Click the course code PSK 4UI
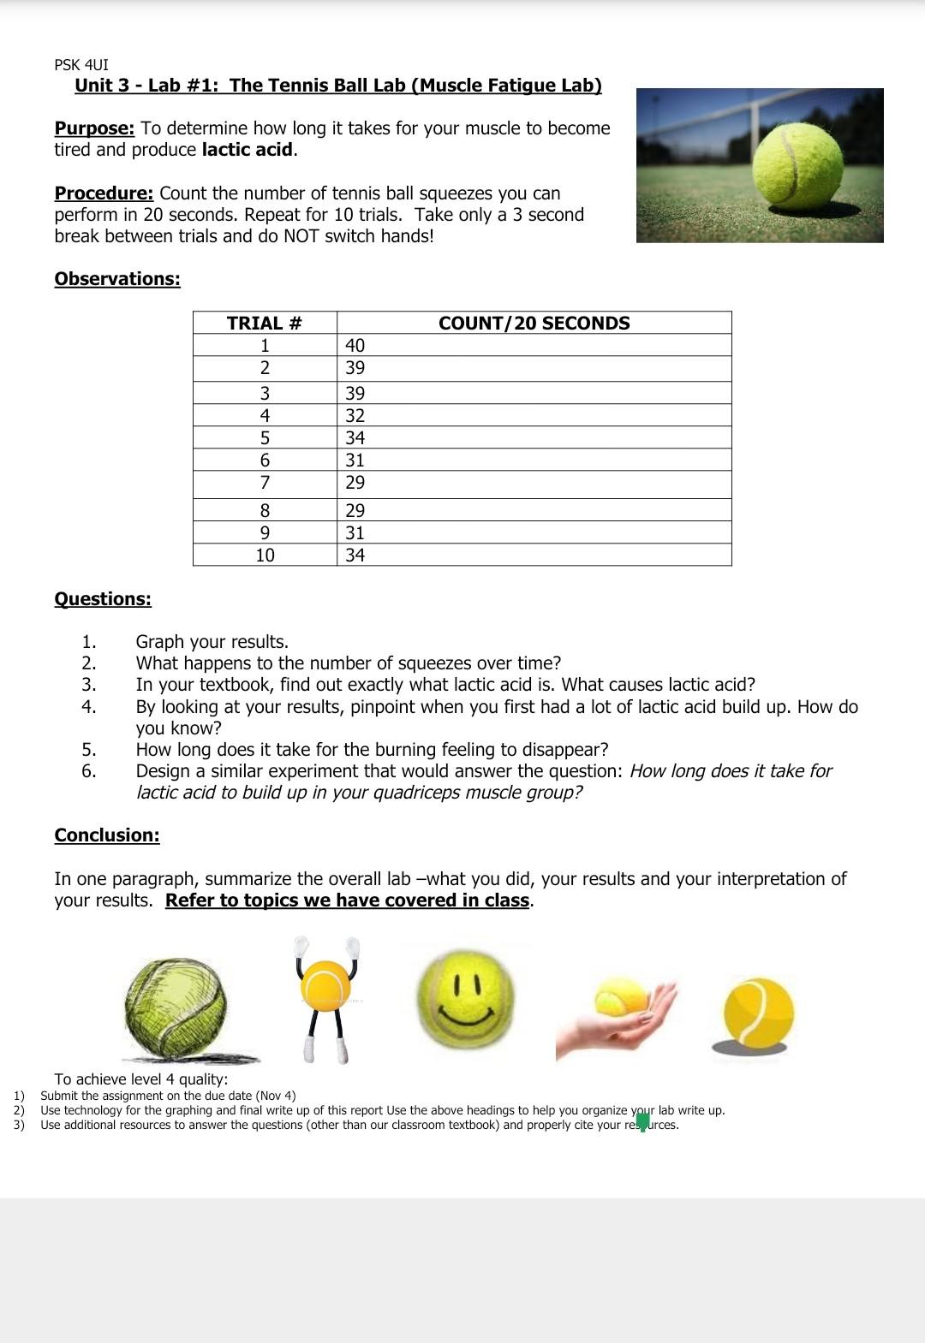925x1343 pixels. click(81, 65)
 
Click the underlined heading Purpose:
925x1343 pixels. click(94, 128)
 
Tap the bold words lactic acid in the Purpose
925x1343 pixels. click(248, 150)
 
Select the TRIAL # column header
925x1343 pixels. click(265, 323)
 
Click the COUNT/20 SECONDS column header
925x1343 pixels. click(534, 323)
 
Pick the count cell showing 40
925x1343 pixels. click(355, 345)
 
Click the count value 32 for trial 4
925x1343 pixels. click(355, 415)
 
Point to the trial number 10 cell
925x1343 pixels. click(265, 555)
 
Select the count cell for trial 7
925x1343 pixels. click(355, 483)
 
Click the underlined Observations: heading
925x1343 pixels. click(117, 279)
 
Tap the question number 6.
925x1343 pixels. click(88, 771)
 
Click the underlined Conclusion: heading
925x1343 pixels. click(107, 835)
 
